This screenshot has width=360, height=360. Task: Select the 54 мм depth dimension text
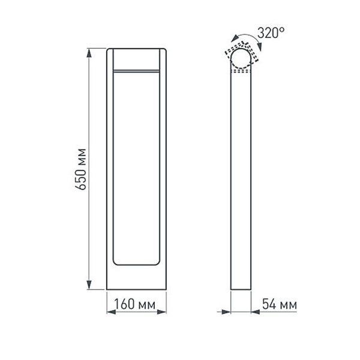[280, 305]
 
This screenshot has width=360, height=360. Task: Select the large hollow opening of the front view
[136, 168]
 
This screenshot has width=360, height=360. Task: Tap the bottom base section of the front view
[136, 277]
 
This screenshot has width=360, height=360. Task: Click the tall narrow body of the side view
[242, 180]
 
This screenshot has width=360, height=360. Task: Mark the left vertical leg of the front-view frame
[110, 168]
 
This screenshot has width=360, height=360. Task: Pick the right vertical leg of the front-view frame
[163, 168]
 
